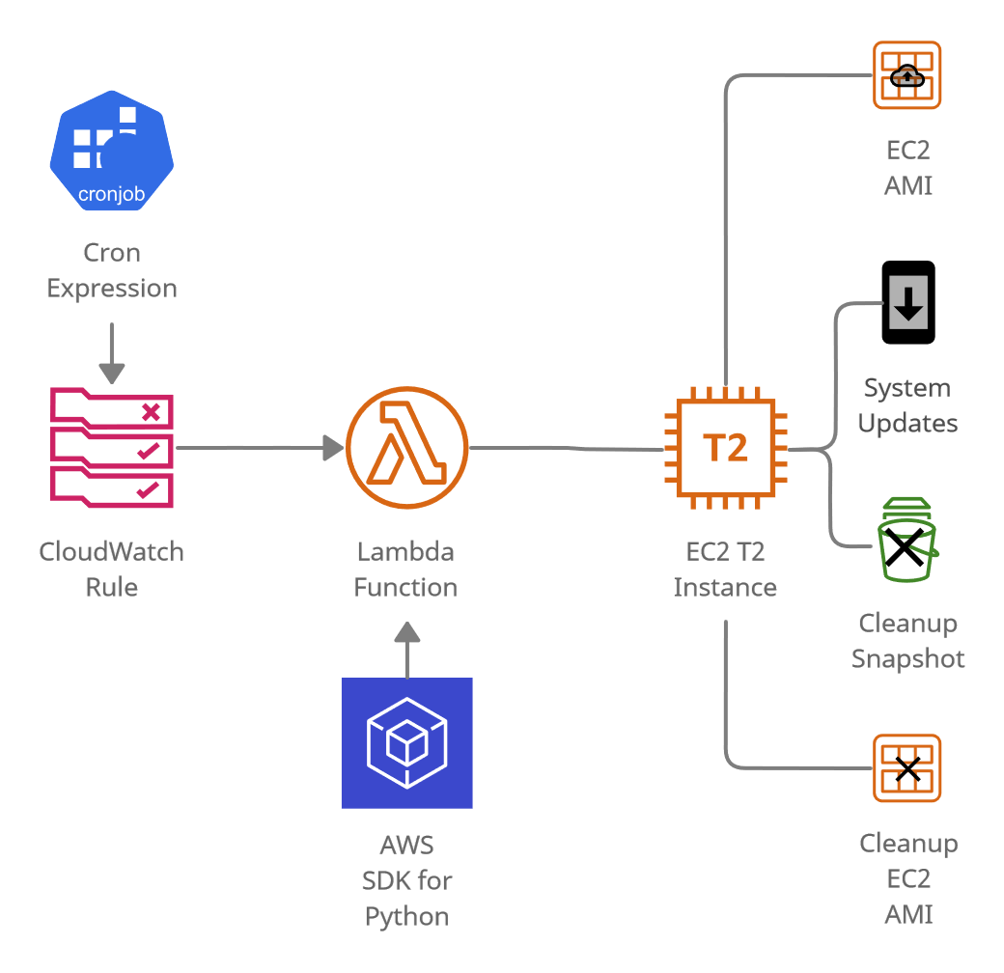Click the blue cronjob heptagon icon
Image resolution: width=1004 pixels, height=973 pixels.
tap(112, 150)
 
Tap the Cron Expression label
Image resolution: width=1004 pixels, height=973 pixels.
tap(112, 270)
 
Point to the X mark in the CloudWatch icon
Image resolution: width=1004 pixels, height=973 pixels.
tap(150, 413)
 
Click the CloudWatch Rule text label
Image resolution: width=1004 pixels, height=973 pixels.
tap(112, 570)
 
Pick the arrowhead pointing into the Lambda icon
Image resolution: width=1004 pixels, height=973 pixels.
tap(333, 447)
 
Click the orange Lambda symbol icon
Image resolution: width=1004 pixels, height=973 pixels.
tap(406, 447)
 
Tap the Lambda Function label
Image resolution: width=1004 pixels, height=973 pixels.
tap(405, 570)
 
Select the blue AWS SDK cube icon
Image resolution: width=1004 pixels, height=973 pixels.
tap(406, 742)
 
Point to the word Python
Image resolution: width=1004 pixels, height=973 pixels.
tap(406, 916)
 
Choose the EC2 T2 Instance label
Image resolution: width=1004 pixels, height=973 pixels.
tap(725, 570)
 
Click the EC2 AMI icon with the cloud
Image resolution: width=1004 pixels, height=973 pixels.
tap(906, 75)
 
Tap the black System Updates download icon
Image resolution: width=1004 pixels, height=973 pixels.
tap(908, 302)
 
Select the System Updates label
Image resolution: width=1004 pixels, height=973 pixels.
tap(907, 405)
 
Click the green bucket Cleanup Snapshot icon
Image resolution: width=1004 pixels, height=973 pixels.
tap(907, 541)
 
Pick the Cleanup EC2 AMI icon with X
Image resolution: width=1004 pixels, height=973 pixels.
tap(907, 768)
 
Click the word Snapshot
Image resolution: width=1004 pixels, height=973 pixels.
tap(907, 659)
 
